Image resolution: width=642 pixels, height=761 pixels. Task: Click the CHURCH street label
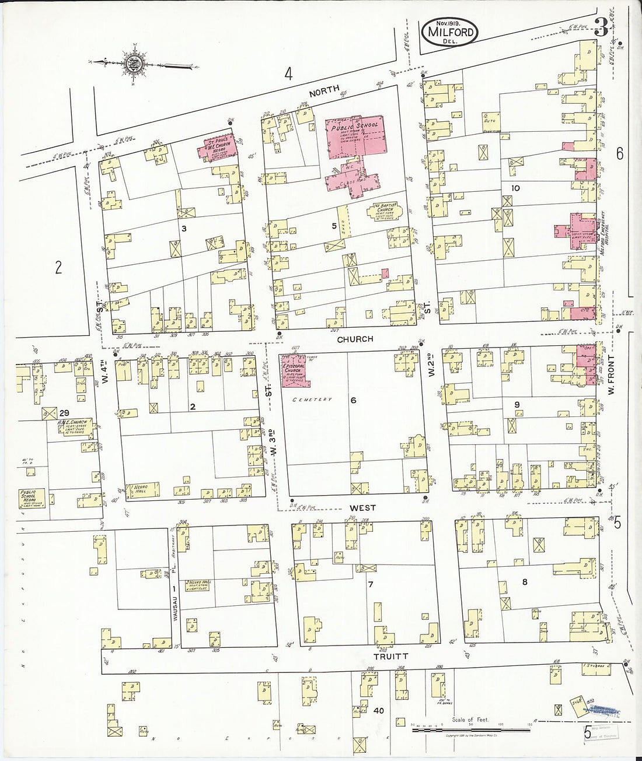pos(354,339)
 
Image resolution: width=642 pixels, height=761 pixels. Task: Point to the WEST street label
pos(362,508)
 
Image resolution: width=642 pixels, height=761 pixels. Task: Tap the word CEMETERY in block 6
pos(312,399)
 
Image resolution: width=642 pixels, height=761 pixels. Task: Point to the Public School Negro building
pos(32,499)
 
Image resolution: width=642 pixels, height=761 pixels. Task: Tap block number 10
pos(515,188)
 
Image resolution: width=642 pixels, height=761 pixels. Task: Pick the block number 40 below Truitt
pos(378,710)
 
